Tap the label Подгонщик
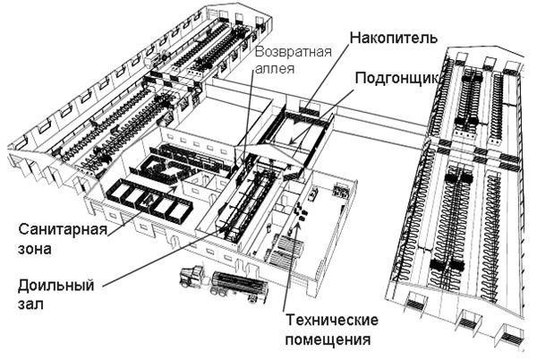tap(395, 79)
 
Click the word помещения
tap(328, 339)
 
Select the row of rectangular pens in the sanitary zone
tap(148, 201)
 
